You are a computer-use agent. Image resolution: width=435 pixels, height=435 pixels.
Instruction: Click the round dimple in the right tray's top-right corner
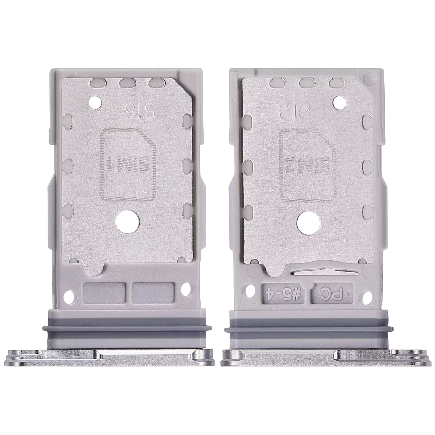coord(368,77)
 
